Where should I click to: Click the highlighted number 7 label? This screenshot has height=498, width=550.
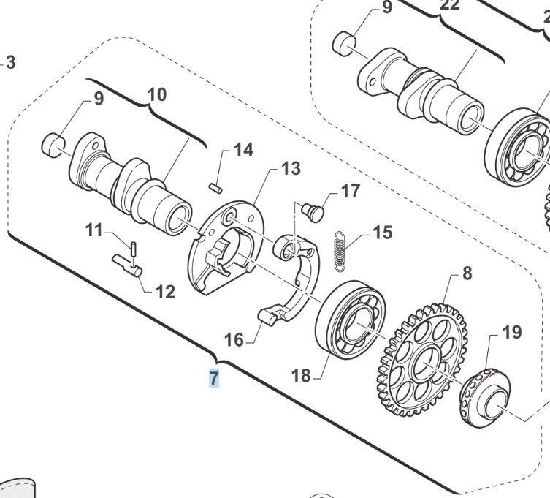pos(214,378)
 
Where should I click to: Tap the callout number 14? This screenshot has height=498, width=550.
pos(243,150)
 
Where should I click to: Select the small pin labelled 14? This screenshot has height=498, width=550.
pos(215,188)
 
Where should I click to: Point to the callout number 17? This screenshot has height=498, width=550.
pos(351,192)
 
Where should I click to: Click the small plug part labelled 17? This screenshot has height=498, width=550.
pos(313,213)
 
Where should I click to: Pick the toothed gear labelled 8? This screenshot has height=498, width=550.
pos(422,360)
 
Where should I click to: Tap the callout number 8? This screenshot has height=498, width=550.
pos(467,273)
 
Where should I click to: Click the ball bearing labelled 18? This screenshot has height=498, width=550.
pos(351,320)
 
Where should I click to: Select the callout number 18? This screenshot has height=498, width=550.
pos(301,376)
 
